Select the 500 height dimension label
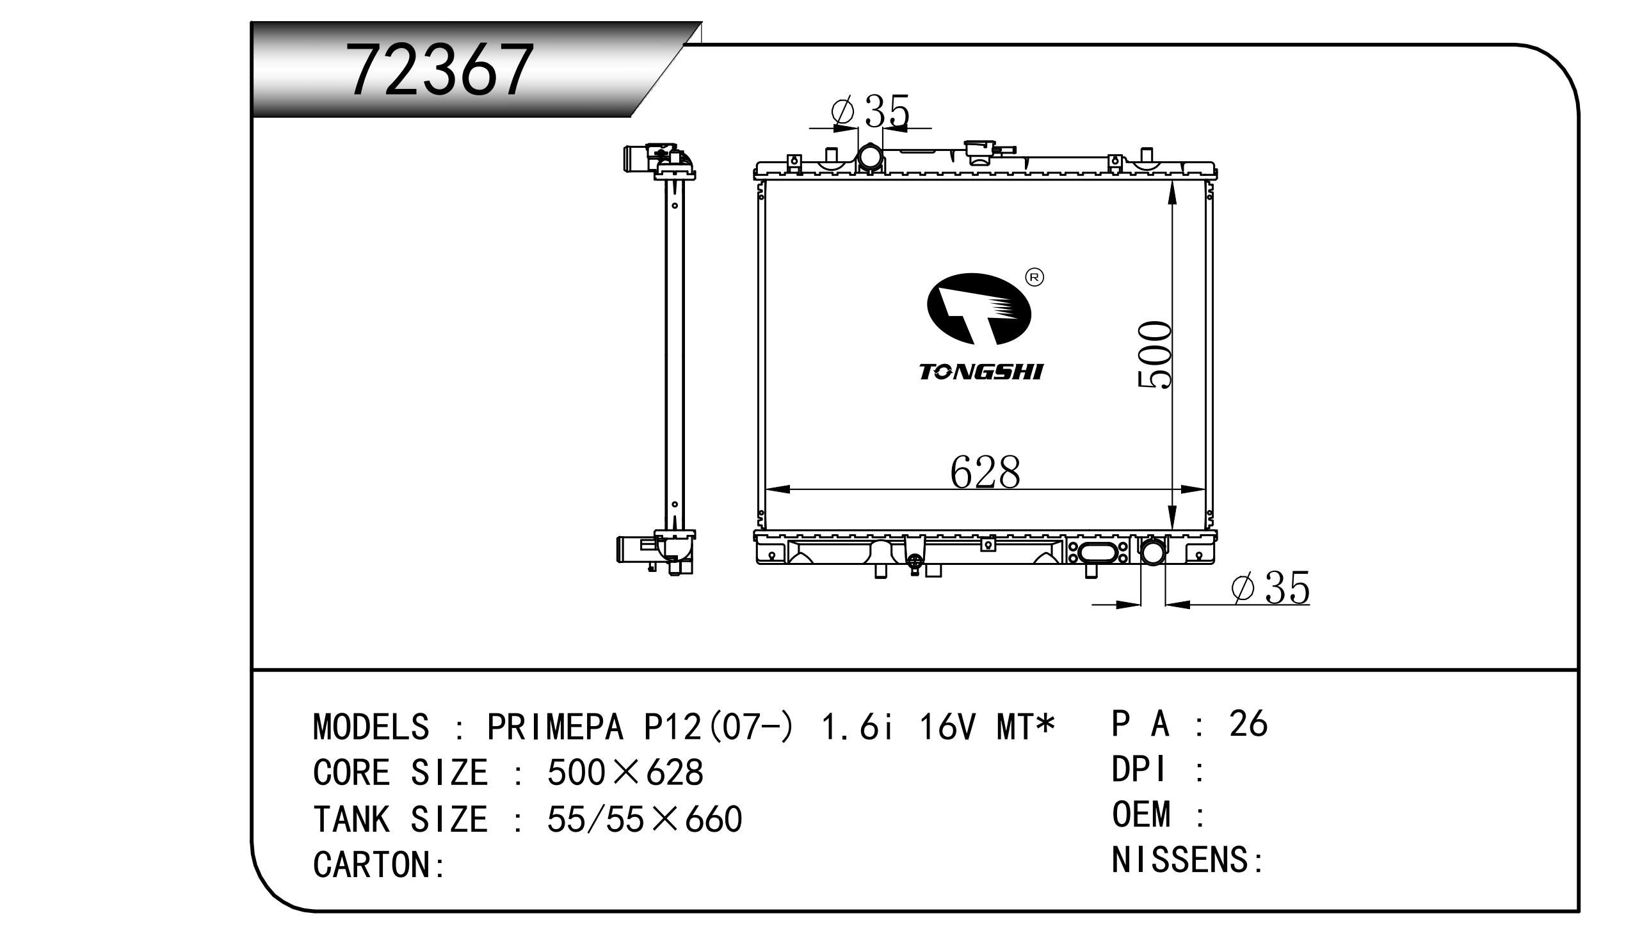[1154, 354]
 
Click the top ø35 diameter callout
[871, 110]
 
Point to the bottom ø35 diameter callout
[1271, 587]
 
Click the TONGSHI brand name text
[981, 372]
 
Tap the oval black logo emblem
[979, 309]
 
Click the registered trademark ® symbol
[1034, 278]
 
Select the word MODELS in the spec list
[371, 727]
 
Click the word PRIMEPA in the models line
[556, 727]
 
